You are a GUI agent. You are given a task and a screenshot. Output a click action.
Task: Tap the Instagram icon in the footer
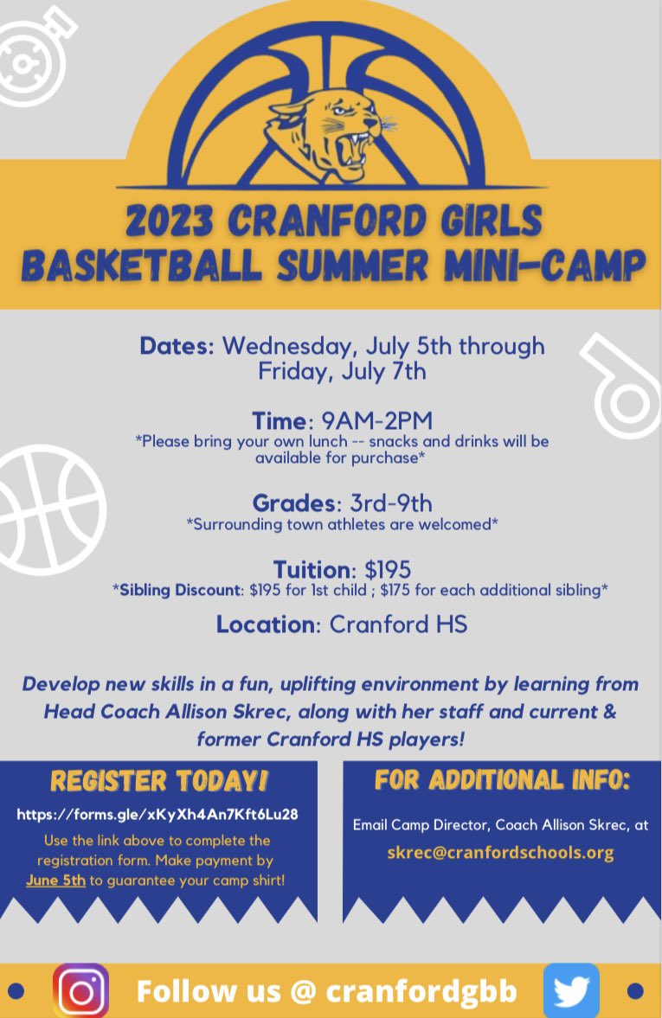pyautogui.click(x=80, y=990)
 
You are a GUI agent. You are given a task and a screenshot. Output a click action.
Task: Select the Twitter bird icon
pyautogui.click(x=571, y=990)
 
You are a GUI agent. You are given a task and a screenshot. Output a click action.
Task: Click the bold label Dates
pyautogui.click(x=177, y=346)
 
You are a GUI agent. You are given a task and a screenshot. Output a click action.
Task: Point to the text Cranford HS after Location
pyautogui.click(x=398, y=624)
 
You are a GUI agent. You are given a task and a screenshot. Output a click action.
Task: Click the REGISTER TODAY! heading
pyautogui.click(x=159, y=781)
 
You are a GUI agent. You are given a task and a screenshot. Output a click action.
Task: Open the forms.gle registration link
pyautogui.click(x=158, y=815)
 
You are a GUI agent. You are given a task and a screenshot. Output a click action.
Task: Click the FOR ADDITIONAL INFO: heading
pyautogui.click(x=502, y=779)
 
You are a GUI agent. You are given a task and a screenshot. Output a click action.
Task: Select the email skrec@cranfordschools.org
pyautogui.click(x=500, y=853)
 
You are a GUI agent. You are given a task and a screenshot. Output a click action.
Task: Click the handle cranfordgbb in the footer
pyautogui.click(x=421, y=991)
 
